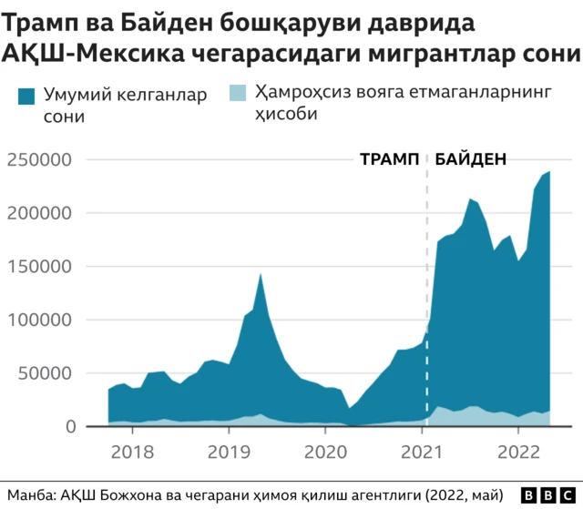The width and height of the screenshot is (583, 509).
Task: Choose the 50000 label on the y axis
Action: point(47,373)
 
